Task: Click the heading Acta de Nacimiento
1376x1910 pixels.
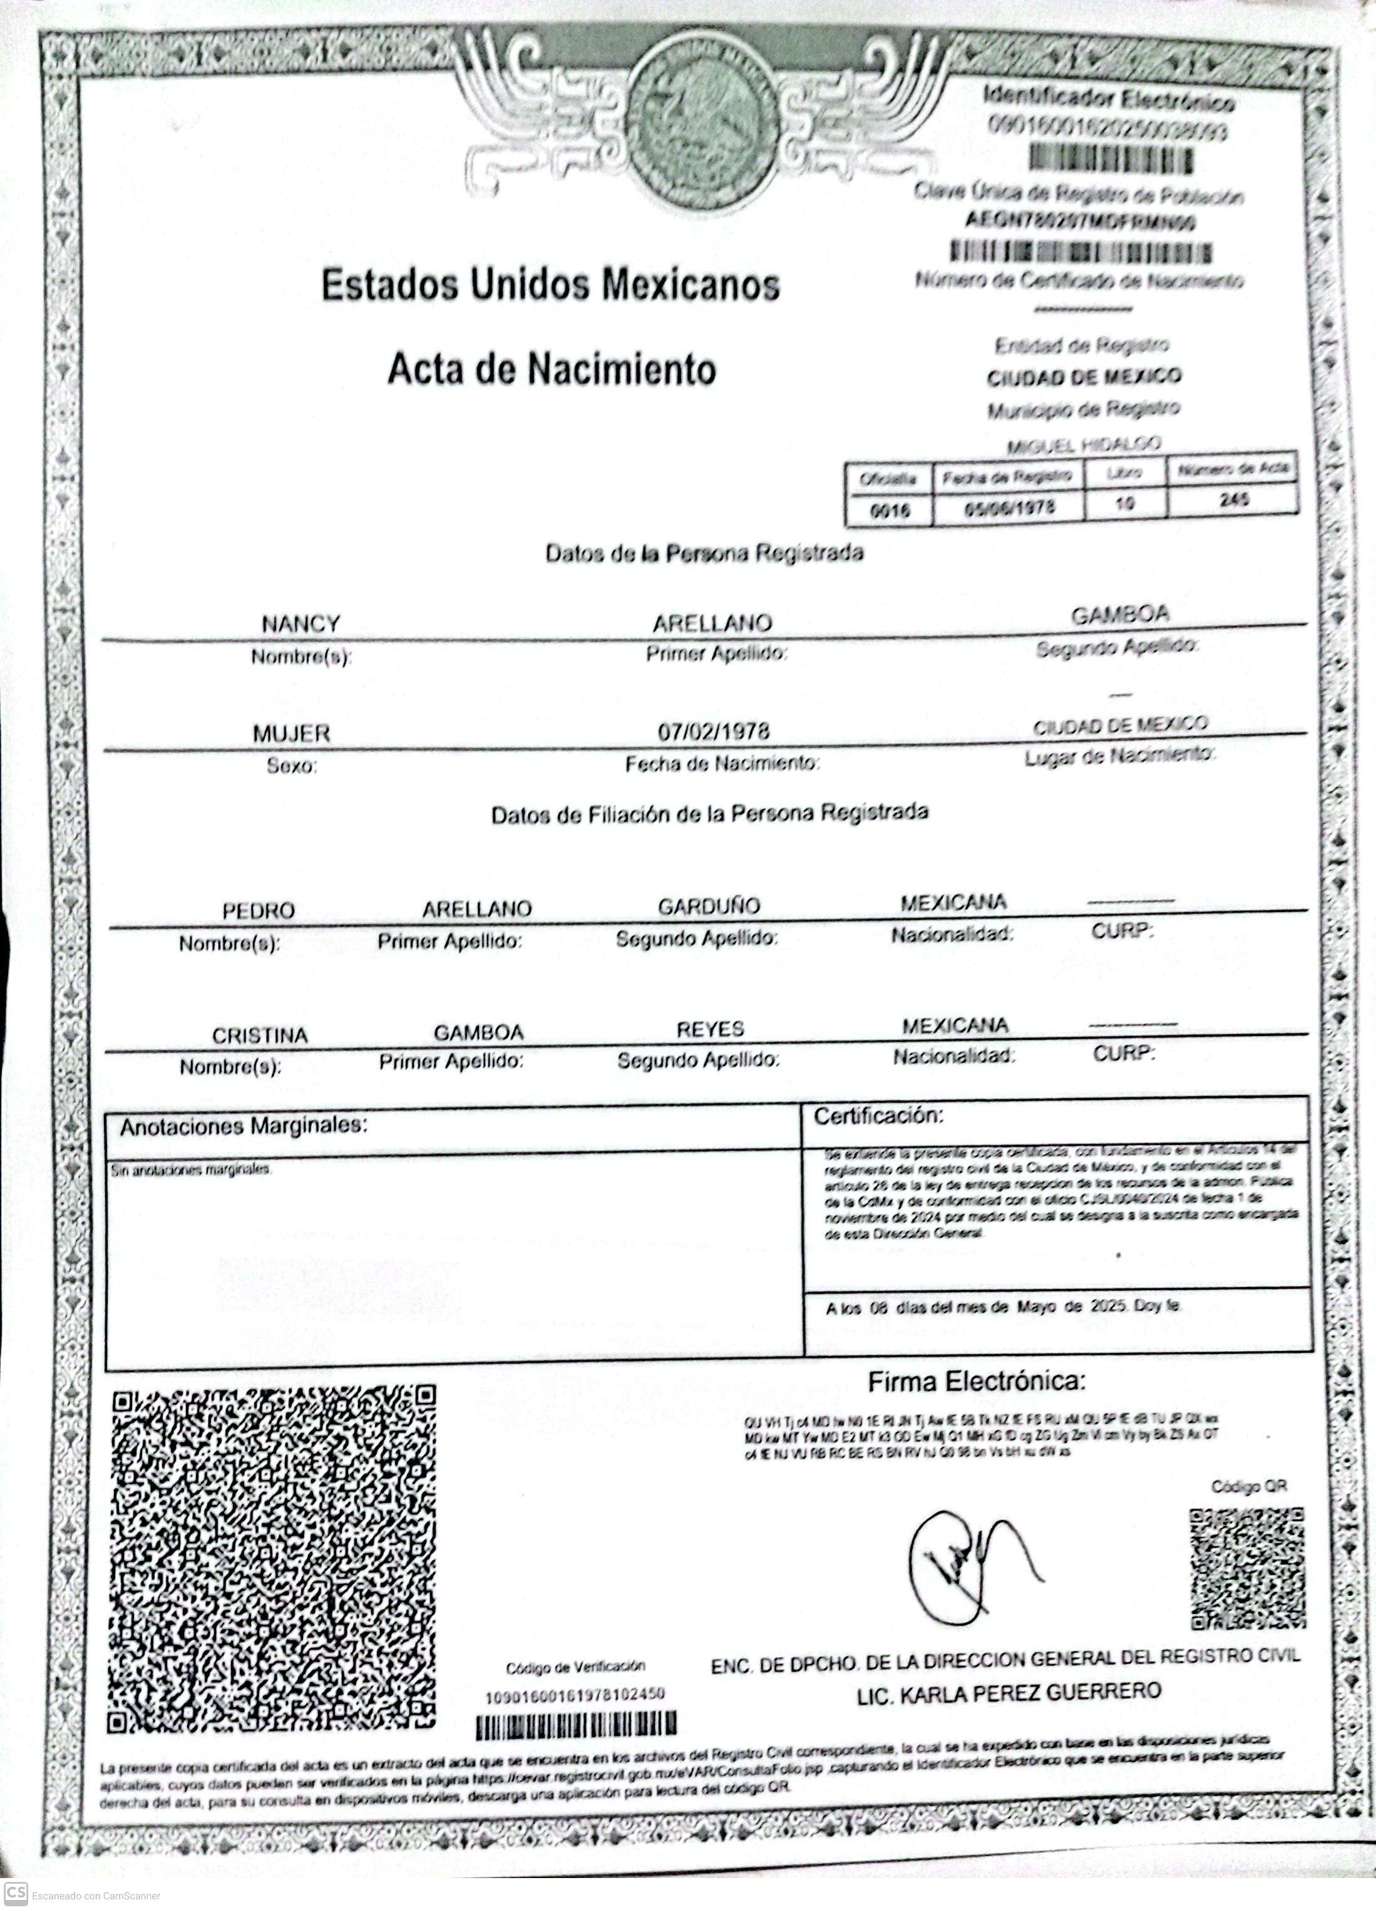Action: (x=552, y=369)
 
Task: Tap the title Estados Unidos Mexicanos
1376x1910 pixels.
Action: (x=551, y=285)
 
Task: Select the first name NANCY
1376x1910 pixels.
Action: (x=300, y=624)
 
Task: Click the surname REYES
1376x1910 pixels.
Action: (x=710, y=1029)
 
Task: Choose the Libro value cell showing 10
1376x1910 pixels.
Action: (x=1125, y=503)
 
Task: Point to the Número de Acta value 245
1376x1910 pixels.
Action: (x=1233, y=500)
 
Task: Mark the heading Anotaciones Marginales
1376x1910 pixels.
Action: (x=244, y=1127)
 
